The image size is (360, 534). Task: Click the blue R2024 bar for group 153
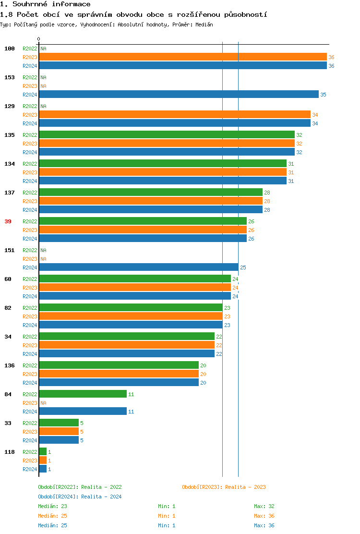click(179, 95)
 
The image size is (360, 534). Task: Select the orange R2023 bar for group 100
click(183, 57)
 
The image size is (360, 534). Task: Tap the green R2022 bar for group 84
click(83, 394)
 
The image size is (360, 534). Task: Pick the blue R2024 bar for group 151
click(138, 267)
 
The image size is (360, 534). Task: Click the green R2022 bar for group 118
click(43, 452)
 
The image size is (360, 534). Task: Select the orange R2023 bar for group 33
click(59, 432)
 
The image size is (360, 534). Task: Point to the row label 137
click(10, 193)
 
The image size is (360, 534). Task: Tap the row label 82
click(8, 308)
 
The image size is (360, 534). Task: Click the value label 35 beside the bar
click(323, 95)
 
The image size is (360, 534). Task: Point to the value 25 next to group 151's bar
click(243, 267)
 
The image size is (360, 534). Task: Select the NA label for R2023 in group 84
click(43, 403)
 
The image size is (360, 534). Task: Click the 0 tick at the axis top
click(39, 39)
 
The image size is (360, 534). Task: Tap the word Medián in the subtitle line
click(204, 24)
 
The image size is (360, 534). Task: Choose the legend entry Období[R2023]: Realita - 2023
click(224, 487)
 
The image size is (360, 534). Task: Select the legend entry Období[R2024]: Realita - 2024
click(80, 497)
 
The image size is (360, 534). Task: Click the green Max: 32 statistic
click(264, 506)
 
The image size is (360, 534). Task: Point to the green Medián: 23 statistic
click(52, 506)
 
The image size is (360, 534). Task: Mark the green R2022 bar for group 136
click(119, 365)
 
